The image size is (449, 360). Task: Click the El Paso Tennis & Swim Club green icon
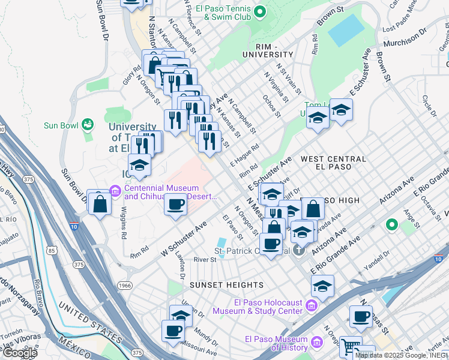pos(259,11)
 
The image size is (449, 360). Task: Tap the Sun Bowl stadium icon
pos(88,125)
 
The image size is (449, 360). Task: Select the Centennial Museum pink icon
pos(116,191)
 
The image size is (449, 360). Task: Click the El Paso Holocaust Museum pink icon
pos(312,306)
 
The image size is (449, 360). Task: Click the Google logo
pos(19,353)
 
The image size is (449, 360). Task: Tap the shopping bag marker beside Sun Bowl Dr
pos(100,203)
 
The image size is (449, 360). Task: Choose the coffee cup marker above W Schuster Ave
pos(175,203)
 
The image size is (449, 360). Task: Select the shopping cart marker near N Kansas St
pos(350,346)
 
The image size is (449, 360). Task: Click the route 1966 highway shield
pos(124,286)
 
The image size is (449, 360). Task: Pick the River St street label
pos(205,260)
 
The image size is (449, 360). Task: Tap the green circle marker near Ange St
pos(392,225)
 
